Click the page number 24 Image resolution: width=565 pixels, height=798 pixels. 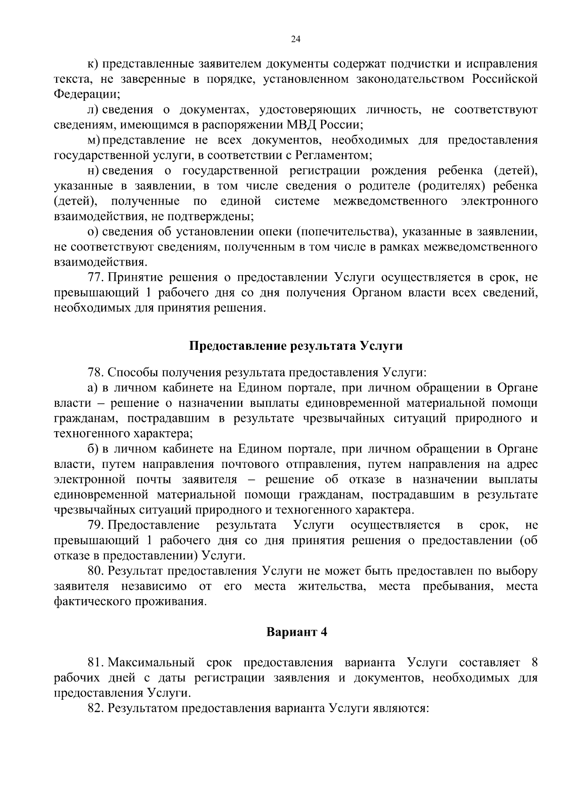tap(296, 40)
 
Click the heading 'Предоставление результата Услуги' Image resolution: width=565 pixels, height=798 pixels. tap(296, 346)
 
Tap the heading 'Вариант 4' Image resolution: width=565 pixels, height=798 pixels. tap(297, 632)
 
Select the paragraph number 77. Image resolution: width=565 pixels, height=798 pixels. tap(96, 277)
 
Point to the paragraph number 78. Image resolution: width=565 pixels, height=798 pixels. tap(96, 373)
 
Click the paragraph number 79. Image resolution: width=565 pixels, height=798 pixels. tap(96, 525)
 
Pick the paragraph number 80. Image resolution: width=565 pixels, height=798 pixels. tap(96, 571)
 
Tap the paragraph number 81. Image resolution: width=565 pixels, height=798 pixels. tap(96, 663)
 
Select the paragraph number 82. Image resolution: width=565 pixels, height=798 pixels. tap(96, 708)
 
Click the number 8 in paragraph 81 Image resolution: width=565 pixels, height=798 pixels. tap(534, 663)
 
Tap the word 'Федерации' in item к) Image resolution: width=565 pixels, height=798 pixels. tap(85, 94)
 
